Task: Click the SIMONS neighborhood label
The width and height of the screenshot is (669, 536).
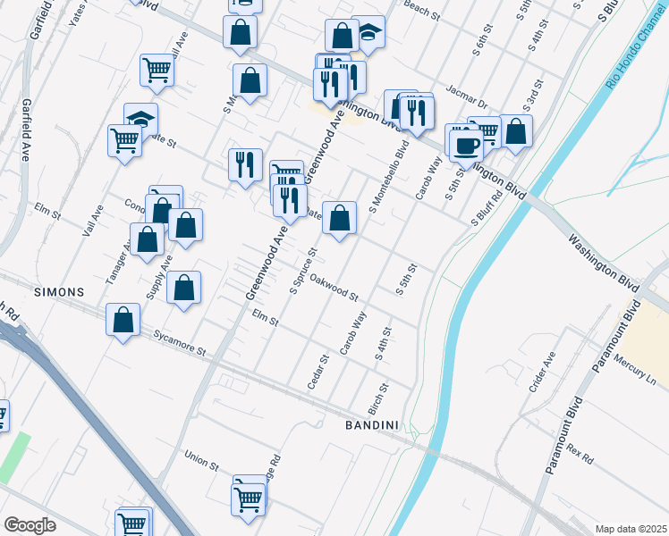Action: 60,292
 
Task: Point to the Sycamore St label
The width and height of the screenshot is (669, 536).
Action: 179,341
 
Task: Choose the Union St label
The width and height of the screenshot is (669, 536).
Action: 201,461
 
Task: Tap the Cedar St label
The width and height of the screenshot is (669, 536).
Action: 318,372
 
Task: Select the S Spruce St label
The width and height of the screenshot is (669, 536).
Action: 304,271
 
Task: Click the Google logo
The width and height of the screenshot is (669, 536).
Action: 30,525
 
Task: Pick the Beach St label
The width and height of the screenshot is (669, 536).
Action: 423,14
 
